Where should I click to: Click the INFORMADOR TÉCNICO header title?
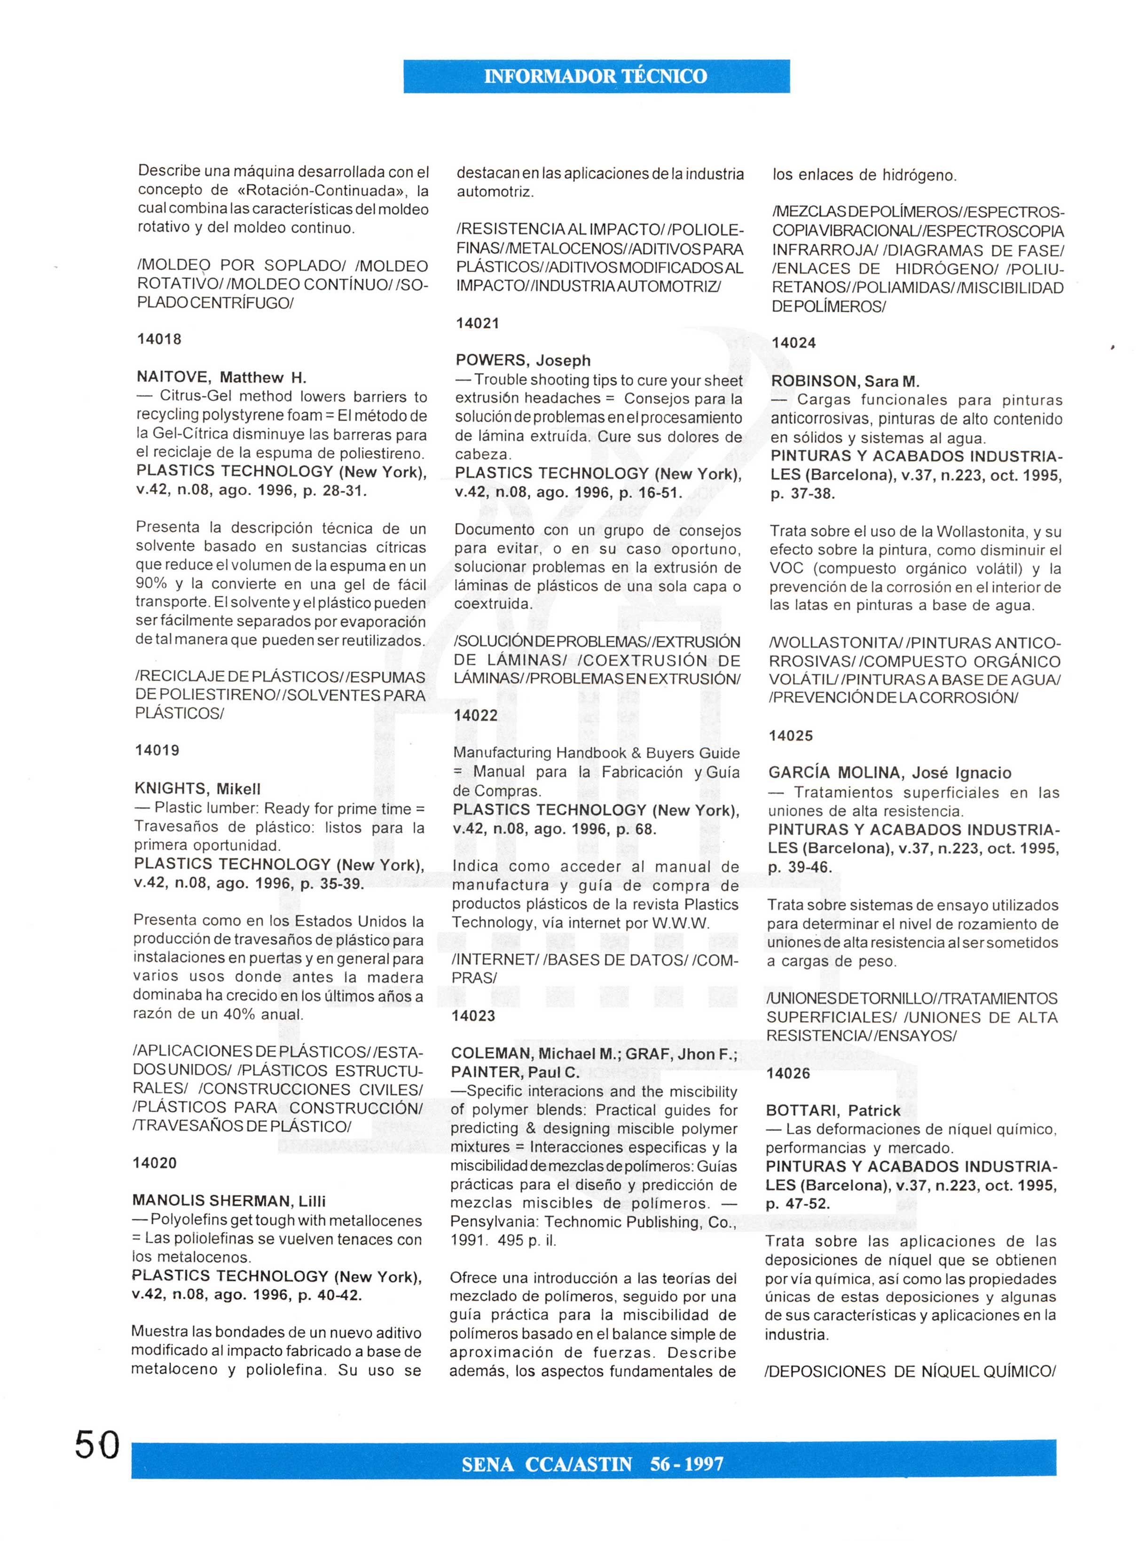pyautogui.click(x=596, y=76)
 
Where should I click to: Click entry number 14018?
pyautogui.click(x=159, y=339)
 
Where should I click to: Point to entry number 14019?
pyautogui.click(x=157, y=750)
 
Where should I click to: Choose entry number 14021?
pyautogui.click(x=478, y=323)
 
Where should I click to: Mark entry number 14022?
pyautogui.click(x=476, y=715)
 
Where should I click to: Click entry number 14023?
pyautogui.click(x=473, y=1016)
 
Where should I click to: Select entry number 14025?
pyautogui.click(x=791, y=735)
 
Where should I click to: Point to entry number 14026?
pyautogui.click(x=788, y=1073)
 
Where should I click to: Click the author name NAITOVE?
pyautogui.click(x=173, y=378)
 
